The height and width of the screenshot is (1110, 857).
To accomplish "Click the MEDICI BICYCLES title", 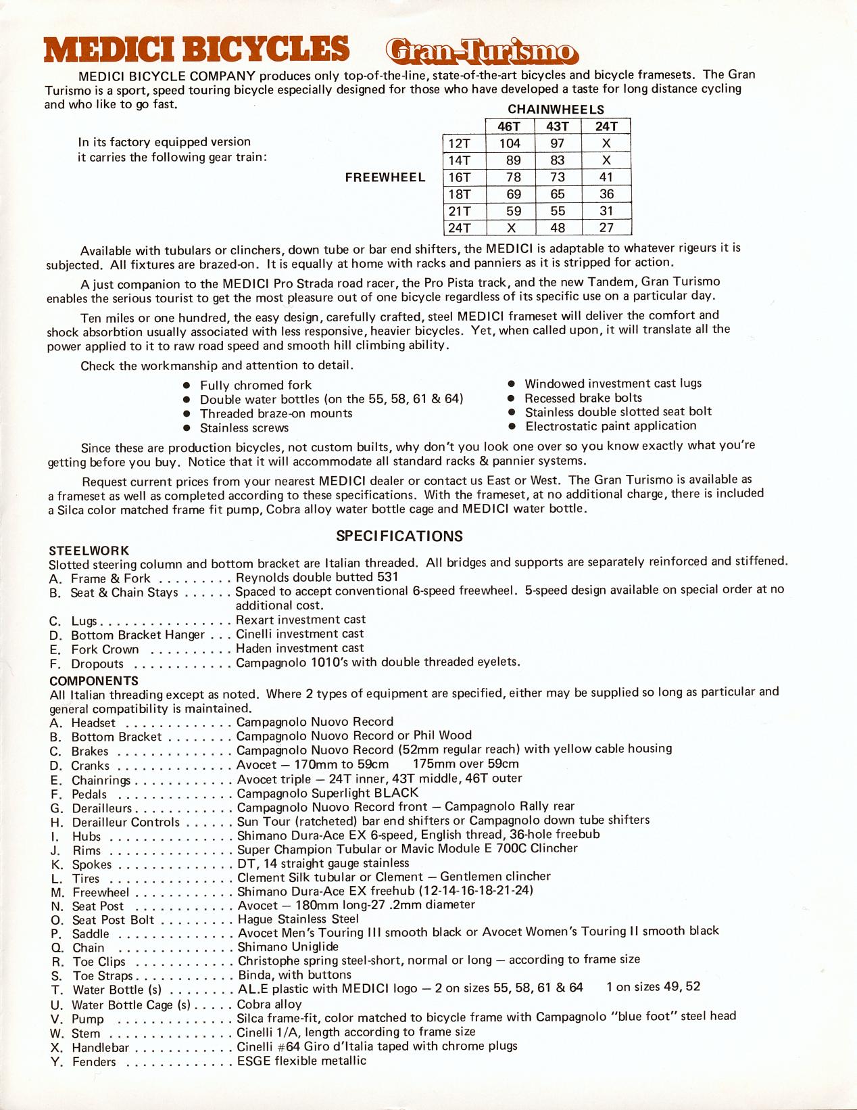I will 197,49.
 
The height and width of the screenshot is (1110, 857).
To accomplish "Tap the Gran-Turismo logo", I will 481,51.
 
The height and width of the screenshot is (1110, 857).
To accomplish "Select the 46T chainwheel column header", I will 509,126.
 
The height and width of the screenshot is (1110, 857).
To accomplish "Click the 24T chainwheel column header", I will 606,126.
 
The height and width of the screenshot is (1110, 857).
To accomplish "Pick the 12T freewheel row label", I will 460,143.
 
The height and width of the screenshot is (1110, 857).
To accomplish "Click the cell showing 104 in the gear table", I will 510,143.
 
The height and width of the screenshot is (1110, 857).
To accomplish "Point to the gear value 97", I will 558,143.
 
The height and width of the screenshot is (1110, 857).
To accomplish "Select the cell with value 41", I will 606,177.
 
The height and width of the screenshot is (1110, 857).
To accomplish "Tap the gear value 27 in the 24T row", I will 606,228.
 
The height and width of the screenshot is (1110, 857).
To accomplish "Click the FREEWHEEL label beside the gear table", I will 385,177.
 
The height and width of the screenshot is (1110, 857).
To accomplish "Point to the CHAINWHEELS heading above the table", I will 556,110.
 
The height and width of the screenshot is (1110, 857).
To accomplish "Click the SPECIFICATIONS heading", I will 399,536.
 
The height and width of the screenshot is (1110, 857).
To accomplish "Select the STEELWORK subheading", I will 89,551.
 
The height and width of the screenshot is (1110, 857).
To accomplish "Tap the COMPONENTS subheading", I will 94,681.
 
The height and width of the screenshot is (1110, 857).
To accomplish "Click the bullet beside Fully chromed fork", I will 187,386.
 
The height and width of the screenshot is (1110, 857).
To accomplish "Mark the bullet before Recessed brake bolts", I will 512,398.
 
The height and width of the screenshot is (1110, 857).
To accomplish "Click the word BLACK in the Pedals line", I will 396,793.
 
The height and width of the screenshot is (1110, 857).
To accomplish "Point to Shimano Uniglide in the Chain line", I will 288,947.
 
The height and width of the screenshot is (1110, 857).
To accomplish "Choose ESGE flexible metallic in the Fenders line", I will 301,1061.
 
